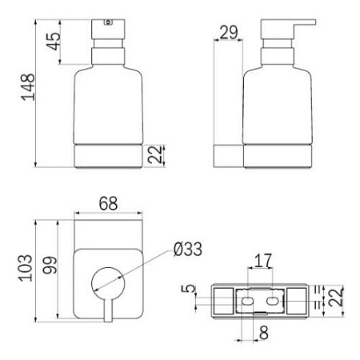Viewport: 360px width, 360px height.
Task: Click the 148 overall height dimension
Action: [28, 87]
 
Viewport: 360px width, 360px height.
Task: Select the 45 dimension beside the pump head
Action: [54, 42]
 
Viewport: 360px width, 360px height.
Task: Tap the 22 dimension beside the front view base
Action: [155, 154]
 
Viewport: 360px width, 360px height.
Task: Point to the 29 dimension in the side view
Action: [229, 33]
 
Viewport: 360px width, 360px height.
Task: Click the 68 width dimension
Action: [108, 204]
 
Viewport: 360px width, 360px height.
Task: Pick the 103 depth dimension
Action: [26, 268]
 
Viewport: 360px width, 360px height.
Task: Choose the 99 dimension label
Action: [50, 265]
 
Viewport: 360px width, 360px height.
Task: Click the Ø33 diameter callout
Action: [188, 250]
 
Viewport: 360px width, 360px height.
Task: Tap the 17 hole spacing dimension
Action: [263, 261]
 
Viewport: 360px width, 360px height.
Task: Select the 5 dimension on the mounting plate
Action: [189, 289]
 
